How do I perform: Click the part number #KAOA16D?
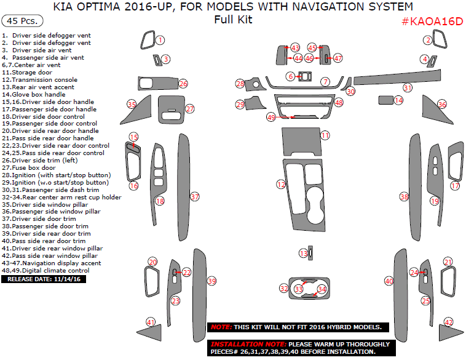click(432, 22)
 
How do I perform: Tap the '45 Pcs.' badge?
click(18, 21)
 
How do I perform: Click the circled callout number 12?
click(281, 184)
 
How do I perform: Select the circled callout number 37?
click(195, 197)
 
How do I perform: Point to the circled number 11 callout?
click(325, 135)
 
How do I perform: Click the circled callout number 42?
click(449, 322)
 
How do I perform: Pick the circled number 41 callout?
click(151, 322)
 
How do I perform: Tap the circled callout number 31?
click(407, 88)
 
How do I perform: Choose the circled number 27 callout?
click(190, 109)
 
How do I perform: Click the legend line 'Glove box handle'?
click(37, 94)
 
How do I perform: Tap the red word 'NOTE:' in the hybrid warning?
click(221, 327)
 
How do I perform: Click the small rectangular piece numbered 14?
click(385, 100)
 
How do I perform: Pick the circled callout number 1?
click(160, 40)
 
